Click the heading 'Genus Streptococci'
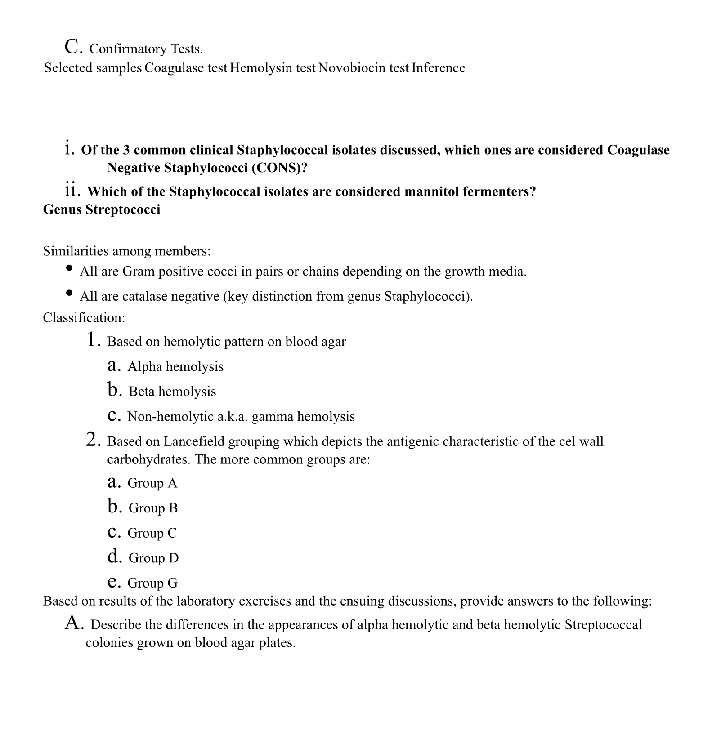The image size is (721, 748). tap(102, 209)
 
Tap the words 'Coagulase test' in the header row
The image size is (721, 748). tap(186, 68)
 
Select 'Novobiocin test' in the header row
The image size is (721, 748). tap(363, 68)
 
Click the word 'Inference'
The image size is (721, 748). tap(438, 68)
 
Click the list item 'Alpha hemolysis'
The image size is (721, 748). tap(175, 366)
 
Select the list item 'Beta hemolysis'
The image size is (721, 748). tap(172, 392)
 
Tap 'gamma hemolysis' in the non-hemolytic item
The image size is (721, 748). tap(303, 416)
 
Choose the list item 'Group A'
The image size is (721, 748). tap(152, 483)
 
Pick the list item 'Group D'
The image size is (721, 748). tap(153, 558)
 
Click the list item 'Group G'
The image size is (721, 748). tap(152, 583)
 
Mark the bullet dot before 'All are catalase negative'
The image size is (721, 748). tap(69, 293)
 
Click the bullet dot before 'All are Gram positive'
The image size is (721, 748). tap(69, 268)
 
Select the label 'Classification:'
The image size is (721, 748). tap(84, 318)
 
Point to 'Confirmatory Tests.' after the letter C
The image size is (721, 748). tap(146, 49)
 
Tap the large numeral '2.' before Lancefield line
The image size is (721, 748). tap(93, 439)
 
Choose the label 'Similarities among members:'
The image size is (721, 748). tap(127, 251)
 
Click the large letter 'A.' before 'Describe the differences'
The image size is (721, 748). tap(74, 623)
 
